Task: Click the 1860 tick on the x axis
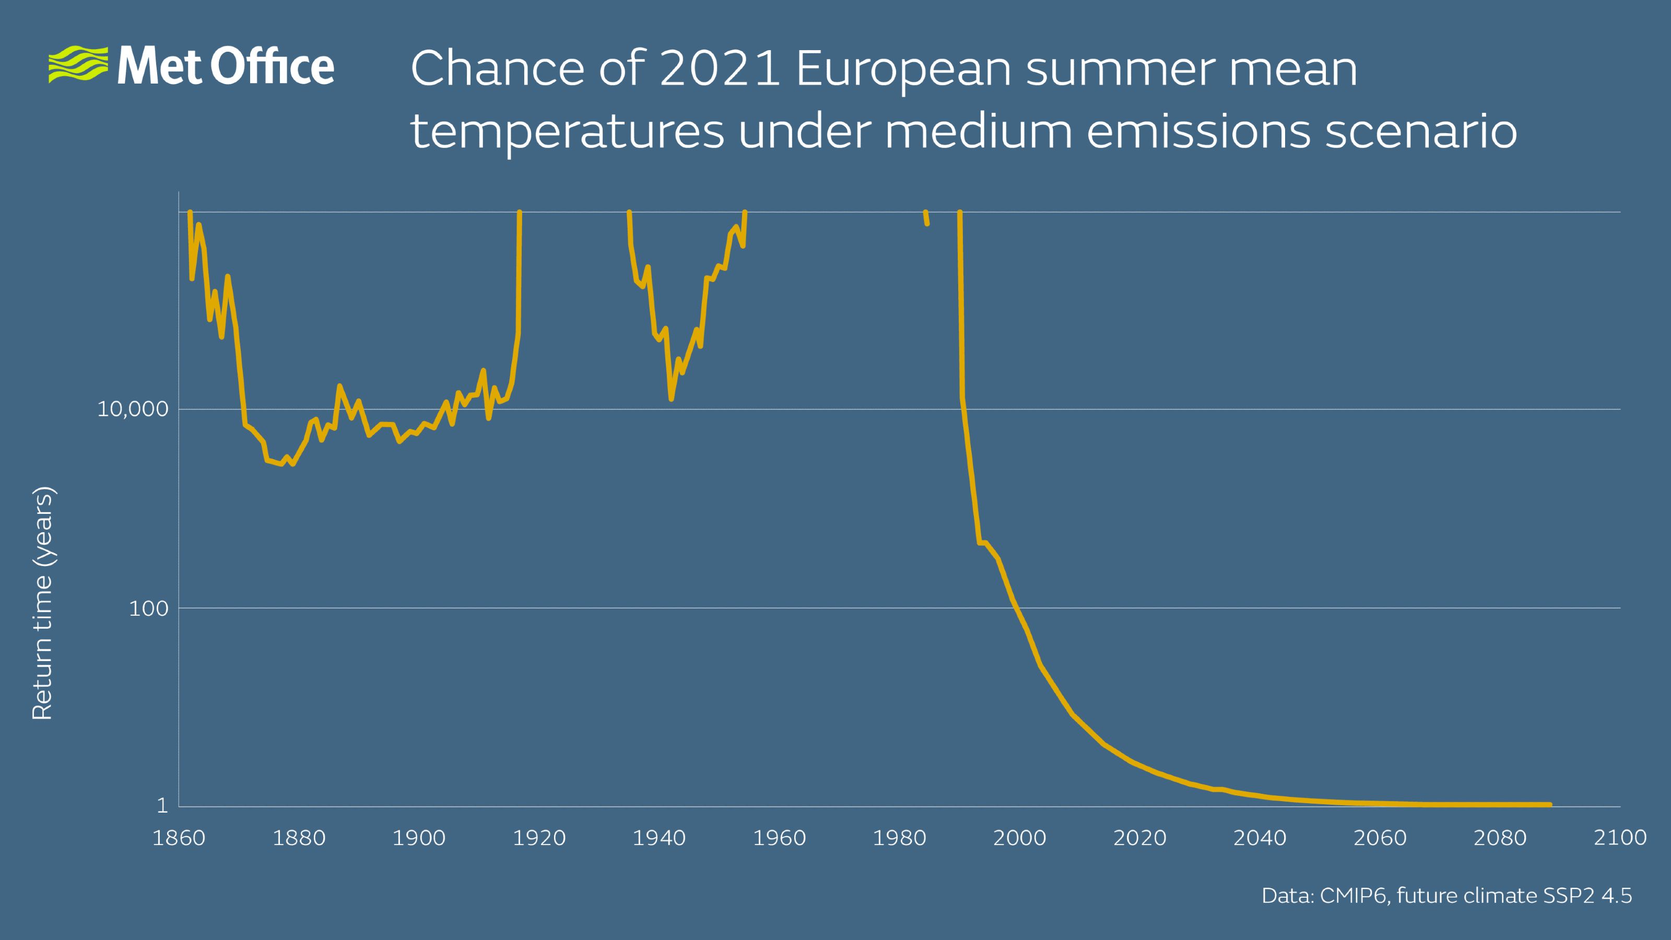(x=179, y=838)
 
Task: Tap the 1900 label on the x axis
(x=418, y=838)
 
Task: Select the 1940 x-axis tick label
(x=658, y=838)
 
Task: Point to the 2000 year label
(x=1019, y=838)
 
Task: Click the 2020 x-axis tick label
(x=1140, y=838)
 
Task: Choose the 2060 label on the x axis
(x=1380, y=838)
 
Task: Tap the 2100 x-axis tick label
(x=1620, y=838)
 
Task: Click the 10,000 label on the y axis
(x=132, y=409)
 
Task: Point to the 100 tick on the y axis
(x=148, y=608)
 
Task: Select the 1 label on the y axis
(x=162, y=806)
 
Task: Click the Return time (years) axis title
(x=43, y=603)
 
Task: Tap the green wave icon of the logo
(x=78, y=64)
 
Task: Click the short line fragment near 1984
(x=926, y=218)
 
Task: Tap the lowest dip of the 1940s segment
(x=672, y=398)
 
